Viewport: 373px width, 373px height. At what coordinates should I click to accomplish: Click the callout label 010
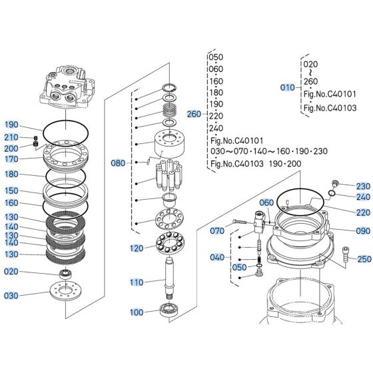[x=286, y=87]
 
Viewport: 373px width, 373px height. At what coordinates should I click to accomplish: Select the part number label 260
[x=193, y=114]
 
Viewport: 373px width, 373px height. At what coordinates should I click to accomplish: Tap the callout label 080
[x=117, y=162]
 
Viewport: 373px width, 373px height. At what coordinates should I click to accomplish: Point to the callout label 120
[x=136, y=248]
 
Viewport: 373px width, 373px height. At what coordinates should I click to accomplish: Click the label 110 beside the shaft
[x=136, y=282]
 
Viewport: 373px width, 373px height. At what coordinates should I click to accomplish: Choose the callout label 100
[x=136, y=312]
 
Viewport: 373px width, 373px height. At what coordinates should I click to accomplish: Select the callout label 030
[x=12, y=296]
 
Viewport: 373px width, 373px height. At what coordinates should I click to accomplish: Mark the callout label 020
[x=12, y=272]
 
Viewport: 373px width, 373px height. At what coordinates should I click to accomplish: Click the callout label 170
[x=12, y=159]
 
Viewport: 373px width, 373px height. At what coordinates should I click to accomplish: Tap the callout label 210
[x=12, y=137]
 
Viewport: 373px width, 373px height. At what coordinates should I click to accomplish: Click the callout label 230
[x=362, y=186]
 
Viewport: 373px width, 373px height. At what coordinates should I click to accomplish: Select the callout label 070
[x=217, y=230]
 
